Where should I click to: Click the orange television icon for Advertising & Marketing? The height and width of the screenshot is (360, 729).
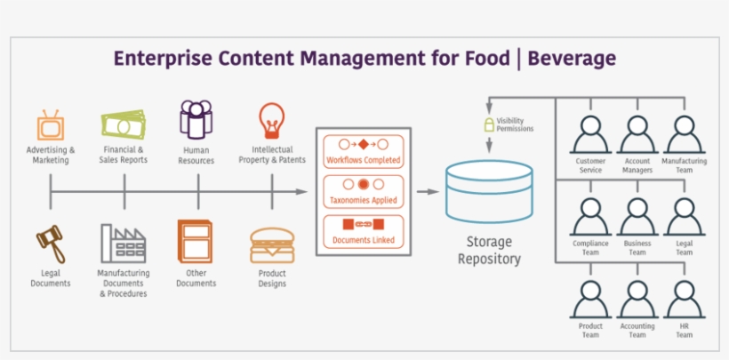(x=51, y=124)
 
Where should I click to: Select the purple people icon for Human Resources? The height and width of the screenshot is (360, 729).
(x=196, y=120)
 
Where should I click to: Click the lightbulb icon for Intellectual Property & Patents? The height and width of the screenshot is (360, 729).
(x=271, y=120)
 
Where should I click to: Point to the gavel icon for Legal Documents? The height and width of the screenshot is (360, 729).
(x=50, y=242)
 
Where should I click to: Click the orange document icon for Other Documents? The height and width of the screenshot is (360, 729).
(x=196, y=241)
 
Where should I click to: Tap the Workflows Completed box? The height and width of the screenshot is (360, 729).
(x=363, y=151)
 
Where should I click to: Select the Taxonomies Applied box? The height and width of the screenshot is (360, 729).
(x=363, y=192)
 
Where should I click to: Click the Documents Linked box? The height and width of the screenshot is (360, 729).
(x=363, y=231)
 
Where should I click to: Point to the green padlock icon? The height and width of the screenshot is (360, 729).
(x=488, y=123)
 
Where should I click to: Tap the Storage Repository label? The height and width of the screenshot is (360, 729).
(x=488, y=250)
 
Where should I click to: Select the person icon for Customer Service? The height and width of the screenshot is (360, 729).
(x=590, y=135)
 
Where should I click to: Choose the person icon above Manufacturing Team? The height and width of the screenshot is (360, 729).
(x=684, y=135)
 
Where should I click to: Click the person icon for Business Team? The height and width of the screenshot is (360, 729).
(x=637, y=217)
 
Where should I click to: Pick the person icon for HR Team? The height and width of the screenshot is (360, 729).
(x=684, y=300)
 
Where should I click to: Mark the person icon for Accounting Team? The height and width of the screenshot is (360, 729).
(x=637, y=300)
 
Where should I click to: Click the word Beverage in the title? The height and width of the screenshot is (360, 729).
(x=572, y=59)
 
